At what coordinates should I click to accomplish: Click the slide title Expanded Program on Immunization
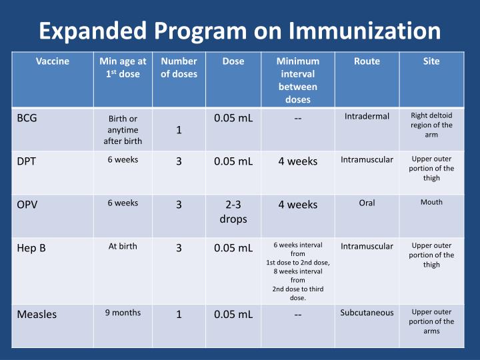239,31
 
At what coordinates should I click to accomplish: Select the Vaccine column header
53,61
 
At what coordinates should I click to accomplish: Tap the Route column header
367,61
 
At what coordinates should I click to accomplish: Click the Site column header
431,61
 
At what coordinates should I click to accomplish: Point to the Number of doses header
179,67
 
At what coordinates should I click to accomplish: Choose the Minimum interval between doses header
297,80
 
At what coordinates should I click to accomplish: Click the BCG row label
27,118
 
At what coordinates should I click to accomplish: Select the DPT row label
26,161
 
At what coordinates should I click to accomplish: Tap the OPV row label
27,205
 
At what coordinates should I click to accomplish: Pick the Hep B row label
31,248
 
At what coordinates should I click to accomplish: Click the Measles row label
37,314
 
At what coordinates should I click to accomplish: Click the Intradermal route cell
367,117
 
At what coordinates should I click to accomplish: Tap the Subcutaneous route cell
367,313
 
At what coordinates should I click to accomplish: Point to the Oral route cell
367,203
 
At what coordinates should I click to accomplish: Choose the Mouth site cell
431,202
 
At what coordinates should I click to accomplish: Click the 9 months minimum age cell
123,313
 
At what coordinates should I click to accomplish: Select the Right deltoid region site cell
431,125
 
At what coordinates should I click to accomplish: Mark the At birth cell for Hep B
123,246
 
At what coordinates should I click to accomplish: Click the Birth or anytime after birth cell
123,130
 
